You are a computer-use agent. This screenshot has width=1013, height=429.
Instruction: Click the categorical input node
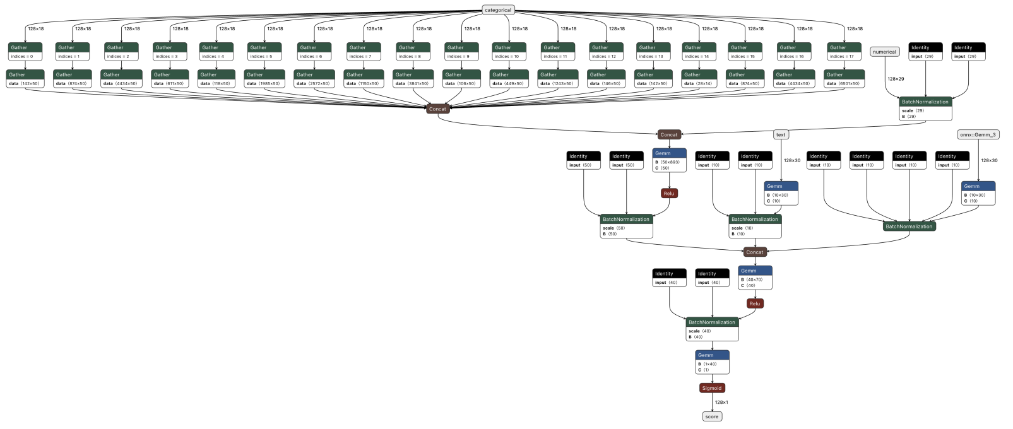(x=498, y=10)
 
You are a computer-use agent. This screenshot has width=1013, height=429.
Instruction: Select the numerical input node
(x=884, y=52)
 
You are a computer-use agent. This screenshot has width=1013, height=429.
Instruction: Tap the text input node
(x=781, y=134)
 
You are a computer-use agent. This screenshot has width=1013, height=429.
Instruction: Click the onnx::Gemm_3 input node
(x=978, y=134)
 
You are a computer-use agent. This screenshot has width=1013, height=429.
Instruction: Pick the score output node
(x=712, y=416)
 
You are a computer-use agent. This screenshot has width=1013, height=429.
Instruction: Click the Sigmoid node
(x=712, y=388)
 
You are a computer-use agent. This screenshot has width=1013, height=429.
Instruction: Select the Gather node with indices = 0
(x=25, y=52)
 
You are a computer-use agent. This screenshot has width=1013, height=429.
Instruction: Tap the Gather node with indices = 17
(x=844, y=52)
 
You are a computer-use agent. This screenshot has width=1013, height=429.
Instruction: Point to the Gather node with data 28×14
(x=699, y=79)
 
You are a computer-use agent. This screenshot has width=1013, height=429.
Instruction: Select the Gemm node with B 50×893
(x=669, y=160)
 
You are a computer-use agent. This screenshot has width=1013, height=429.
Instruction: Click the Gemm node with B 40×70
(x=755, y=278)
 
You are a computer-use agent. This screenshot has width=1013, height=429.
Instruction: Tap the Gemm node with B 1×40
(x=712, y=362)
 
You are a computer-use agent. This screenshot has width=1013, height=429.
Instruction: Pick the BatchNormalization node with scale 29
(x=925, y=109)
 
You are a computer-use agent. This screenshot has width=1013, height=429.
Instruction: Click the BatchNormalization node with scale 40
(x=712, y=329)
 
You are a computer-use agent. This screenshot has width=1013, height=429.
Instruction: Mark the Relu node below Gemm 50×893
(x=669, y=193)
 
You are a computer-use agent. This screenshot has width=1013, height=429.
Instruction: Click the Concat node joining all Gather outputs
(x=437, y=109)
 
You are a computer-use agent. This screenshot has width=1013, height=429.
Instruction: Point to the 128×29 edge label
(x=896, y=79)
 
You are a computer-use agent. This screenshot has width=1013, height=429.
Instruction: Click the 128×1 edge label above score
(x=721, y=402)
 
